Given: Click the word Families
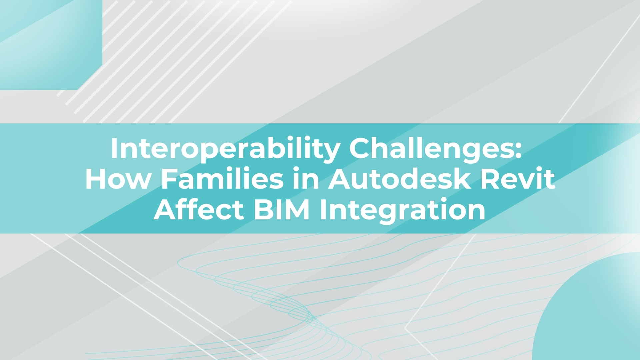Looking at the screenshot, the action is tap(222, 179).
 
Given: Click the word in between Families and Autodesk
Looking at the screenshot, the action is tap(306, 179).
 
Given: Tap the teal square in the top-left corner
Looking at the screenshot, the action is tap(51, 45).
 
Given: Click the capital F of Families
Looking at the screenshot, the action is tap(169, 179).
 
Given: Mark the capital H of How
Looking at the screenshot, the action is tap(96, 179).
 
